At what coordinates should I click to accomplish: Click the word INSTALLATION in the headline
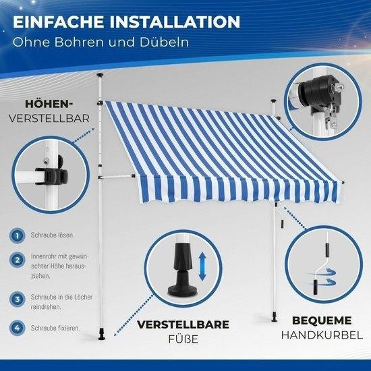(x=175, y=22)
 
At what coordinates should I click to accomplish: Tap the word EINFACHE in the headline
(x=58, y=22)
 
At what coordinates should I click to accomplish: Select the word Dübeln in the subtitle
(x=164, y=42)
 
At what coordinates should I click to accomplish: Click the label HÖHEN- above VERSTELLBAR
(x=49, y=104)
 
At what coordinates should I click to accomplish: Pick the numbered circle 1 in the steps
(x=18, y=235)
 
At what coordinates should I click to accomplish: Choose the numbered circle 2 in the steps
(x=18, y=260)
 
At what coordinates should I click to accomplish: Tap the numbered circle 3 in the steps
(x=18, y=299)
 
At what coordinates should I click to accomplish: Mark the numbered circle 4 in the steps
(x=18, y=328)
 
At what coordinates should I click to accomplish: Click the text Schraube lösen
(x=53, y=235)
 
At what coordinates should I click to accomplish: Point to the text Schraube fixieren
(x=55, y=328)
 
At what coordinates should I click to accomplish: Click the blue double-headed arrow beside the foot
(x=202, y=266)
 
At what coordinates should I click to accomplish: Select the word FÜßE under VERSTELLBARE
(x=183, y=339)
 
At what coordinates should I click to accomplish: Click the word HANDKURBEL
(x=322, y=335)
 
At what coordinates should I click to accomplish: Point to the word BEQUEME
(x=322, y=320)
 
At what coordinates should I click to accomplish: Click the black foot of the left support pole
(x=102, y=334)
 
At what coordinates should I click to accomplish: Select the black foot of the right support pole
(x=275, y=317)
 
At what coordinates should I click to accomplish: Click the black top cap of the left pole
(x=101, y=76)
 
